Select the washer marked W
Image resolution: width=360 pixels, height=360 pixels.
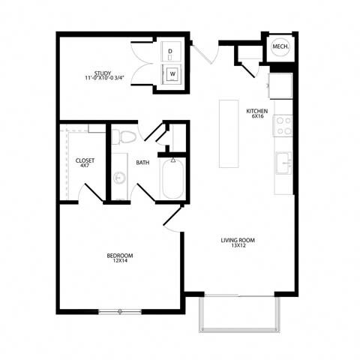click(172, 74)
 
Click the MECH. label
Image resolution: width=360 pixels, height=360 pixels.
click(280, 46)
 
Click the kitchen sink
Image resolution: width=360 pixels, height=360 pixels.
click(284, 162)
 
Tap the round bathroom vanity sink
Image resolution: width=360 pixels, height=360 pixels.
click(119, 178)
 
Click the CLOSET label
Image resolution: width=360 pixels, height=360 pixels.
click(84, 160)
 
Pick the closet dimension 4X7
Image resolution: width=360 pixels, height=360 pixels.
click(84, 166)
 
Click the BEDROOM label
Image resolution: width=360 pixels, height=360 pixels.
click(120, 256)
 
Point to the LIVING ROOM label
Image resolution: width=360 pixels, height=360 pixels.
click(238, 240)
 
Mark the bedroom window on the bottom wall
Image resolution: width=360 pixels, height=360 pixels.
click(120, 310)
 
